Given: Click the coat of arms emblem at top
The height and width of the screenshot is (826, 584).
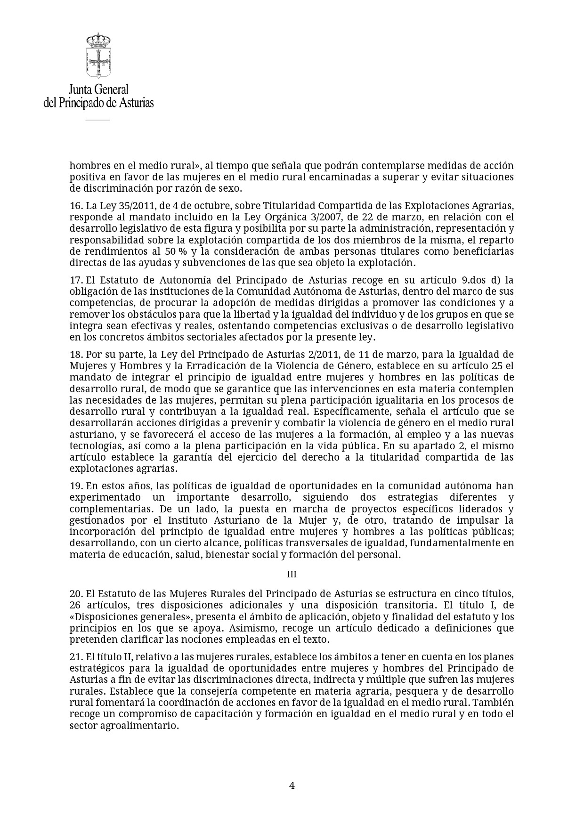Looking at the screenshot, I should [98, 56].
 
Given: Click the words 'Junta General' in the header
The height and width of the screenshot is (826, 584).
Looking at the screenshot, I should [98, 89].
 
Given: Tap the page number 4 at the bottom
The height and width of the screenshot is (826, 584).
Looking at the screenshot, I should [292, 785].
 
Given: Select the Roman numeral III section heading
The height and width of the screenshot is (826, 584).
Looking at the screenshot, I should [292, 575].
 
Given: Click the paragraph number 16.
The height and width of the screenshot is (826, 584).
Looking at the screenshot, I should [76, 206].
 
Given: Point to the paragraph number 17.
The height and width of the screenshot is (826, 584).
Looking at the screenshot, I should [76, 281].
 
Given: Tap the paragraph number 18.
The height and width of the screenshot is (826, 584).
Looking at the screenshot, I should [76, 355].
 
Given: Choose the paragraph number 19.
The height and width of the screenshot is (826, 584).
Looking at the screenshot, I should [76, 486].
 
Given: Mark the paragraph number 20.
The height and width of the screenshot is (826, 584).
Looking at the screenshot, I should [76, 594].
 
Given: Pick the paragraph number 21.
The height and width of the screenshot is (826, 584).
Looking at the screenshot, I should [76, 657].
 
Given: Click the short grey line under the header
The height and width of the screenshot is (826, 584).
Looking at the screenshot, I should [97, 120].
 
